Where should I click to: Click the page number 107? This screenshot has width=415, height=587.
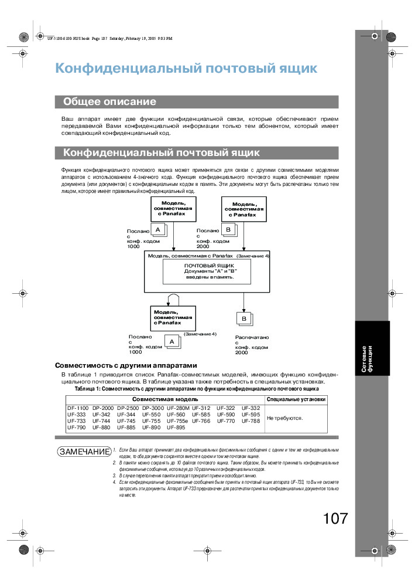click(335, 518)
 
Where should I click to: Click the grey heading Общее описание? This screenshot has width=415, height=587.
click(109, 101)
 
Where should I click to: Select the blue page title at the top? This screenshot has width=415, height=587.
click(186, 69)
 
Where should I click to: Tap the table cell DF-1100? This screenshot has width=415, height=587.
click(77, 408)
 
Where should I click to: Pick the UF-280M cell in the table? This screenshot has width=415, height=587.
click(178, 408)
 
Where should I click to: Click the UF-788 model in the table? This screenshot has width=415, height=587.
click(251, 421)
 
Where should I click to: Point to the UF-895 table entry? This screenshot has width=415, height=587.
click(176, 427)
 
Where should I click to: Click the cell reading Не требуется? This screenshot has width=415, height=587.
click(284, 418)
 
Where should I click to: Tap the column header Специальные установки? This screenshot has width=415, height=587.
click(296, 399)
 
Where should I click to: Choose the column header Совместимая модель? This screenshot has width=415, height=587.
click(165, 399)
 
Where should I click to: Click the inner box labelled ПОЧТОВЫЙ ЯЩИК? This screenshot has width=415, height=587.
click(209, 272)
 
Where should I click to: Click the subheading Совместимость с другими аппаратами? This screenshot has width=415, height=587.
click(122, 365)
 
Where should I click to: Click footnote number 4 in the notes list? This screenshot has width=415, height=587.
click(115, 481)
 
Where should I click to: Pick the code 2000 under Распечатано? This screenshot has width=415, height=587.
click(242, 353)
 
